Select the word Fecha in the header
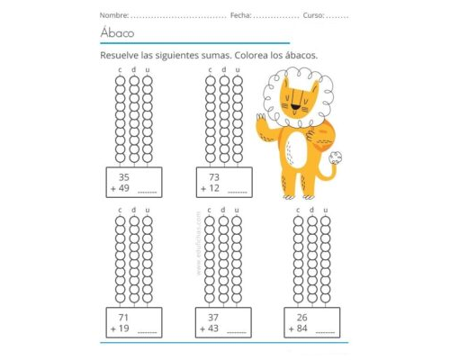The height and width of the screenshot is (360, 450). pyautogui.click(x=240, y=16)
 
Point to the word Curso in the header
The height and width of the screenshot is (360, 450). pyautogui.click(x=312, y=16)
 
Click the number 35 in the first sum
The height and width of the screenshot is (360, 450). pyautogui.click(x=123, y=177)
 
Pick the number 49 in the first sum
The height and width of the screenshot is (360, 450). pyautogui.click(x=123, y=189)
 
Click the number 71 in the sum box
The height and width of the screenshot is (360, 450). pyautogui.click(x=123, y=318)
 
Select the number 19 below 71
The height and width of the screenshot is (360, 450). pyautogui.click(x=123, y=329)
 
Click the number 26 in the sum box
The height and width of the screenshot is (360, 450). pyautogui.click(x=302, y=318)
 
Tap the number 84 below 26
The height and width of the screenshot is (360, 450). pyautogui.click(x=302, y=329)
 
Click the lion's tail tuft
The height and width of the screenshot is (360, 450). pyautogui.click(x=338, y=158)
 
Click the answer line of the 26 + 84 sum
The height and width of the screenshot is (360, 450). pyautogui.click(x=326, y=333)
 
